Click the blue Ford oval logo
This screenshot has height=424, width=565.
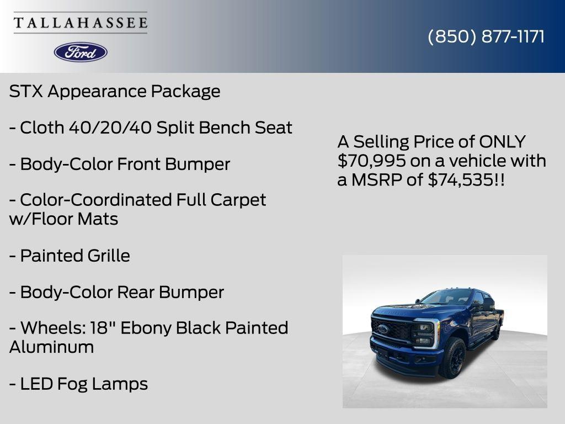click(81, 52)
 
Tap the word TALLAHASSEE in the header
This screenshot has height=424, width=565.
click(81, 23)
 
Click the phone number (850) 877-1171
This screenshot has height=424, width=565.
click(486, 36)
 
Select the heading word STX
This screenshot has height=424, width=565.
click(26, 92)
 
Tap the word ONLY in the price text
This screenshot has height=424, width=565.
click(502, 142)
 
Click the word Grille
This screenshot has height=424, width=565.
click(109, 256)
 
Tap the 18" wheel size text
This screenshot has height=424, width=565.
click(104, 328)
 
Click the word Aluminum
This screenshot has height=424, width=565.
click(51, 347)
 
